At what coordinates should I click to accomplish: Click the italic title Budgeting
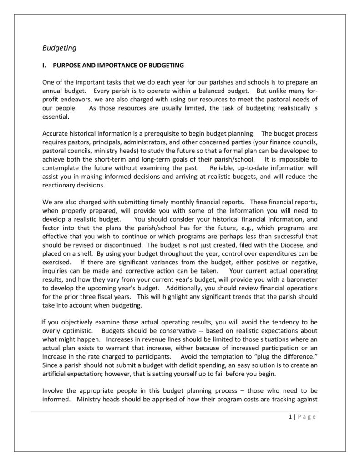tap(59, 47)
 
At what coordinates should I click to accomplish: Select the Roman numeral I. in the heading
tap(45, 65)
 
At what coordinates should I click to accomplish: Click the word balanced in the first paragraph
tap(210, 91)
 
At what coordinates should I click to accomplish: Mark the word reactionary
tap(61, 185)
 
